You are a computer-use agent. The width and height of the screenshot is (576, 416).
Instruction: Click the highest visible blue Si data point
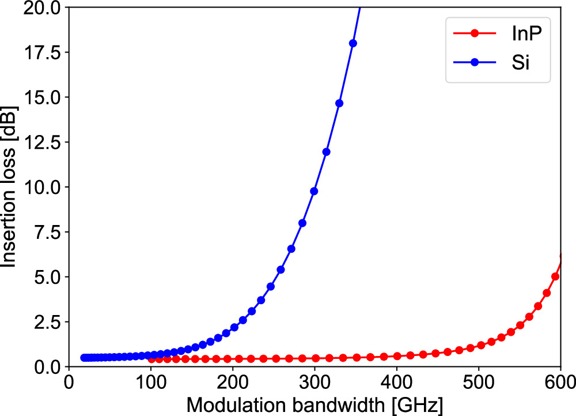(353, 43)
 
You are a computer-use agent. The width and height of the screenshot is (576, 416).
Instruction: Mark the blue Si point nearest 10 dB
(314, 191)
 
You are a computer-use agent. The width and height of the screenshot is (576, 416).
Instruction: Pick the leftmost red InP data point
(151, 359)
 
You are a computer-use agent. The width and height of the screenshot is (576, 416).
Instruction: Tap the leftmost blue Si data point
(84, 358)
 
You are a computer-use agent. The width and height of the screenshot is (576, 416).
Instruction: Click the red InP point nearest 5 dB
(555, 276)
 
